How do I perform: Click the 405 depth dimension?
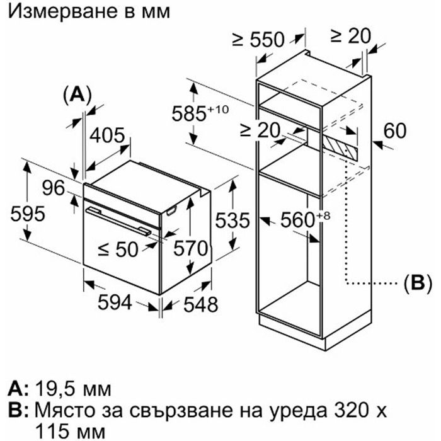coord(107,135)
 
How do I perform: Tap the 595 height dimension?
coord(28,214)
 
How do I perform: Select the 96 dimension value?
coord(54,188)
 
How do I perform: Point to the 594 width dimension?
coord(115,302)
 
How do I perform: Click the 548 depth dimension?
coord(201,304)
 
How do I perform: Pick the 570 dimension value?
coord(190,248)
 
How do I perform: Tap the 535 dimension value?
coord(232,220)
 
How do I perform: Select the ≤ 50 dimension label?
coord(118,249)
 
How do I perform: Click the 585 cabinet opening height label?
coord(200,113)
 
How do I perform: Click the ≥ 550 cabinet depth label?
coord(258,39)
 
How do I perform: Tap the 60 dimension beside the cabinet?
coord(395,130)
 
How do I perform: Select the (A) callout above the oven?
coord(77,95)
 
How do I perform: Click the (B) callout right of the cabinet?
coord(418,283)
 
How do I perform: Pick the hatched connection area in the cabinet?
coord(340,146)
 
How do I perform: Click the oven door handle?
coord(118,221)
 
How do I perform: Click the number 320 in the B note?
coord(352,410)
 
